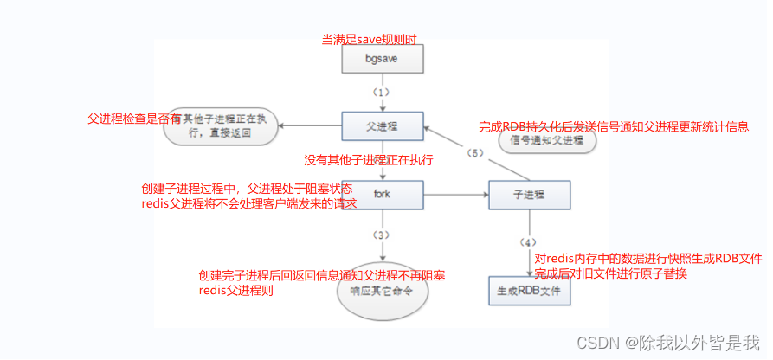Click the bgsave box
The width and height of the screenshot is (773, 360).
(382, 60)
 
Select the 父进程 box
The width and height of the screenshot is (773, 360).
(382, 125)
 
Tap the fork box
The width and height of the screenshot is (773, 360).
(382, 194)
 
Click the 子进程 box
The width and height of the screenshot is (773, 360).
(530, 194)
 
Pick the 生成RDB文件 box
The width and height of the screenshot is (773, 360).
(530, 292)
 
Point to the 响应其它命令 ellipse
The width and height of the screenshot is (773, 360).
(382, 292)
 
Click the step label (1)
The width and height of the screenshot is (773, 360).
(382, 92)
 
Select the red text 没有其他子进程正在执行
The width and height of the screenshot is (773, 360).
(368, 160)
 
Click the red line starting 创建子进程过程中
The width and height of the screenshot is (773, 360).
(248, 188)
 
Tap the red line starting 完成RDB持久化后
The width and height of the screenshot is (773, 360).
(613, 126)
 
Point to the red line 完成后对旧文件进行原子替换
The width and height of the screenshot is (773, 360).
(610, 273)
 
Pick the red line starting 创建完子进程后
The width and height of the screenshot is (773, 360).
(321, 275)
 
